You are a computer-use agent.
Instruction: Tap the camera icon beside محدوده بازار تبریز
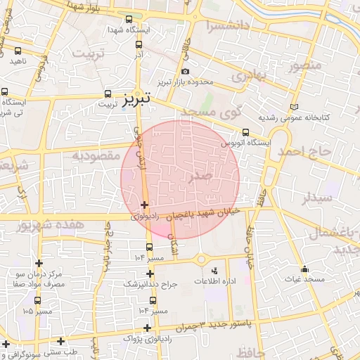click(185, 72)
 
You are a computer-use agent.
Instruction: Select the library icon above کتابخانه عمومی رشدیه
click(293, 106)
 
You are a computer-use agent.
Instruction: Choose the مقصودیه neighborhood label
click(98, 155)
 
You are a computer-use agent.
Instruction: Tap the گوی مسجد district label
click(212, 110)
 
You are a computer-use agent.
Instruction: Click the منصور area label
click(304, 67)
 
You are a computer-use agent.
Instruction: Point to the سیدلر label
click(316, 198)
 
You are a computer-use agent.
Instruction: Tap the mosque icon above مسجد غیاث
click(304, 269)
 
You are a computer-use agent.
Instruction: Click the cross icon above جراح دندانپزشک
click(149, 273)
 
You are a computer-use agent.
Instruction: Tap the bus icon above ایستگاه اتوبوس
click(245, 131)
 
